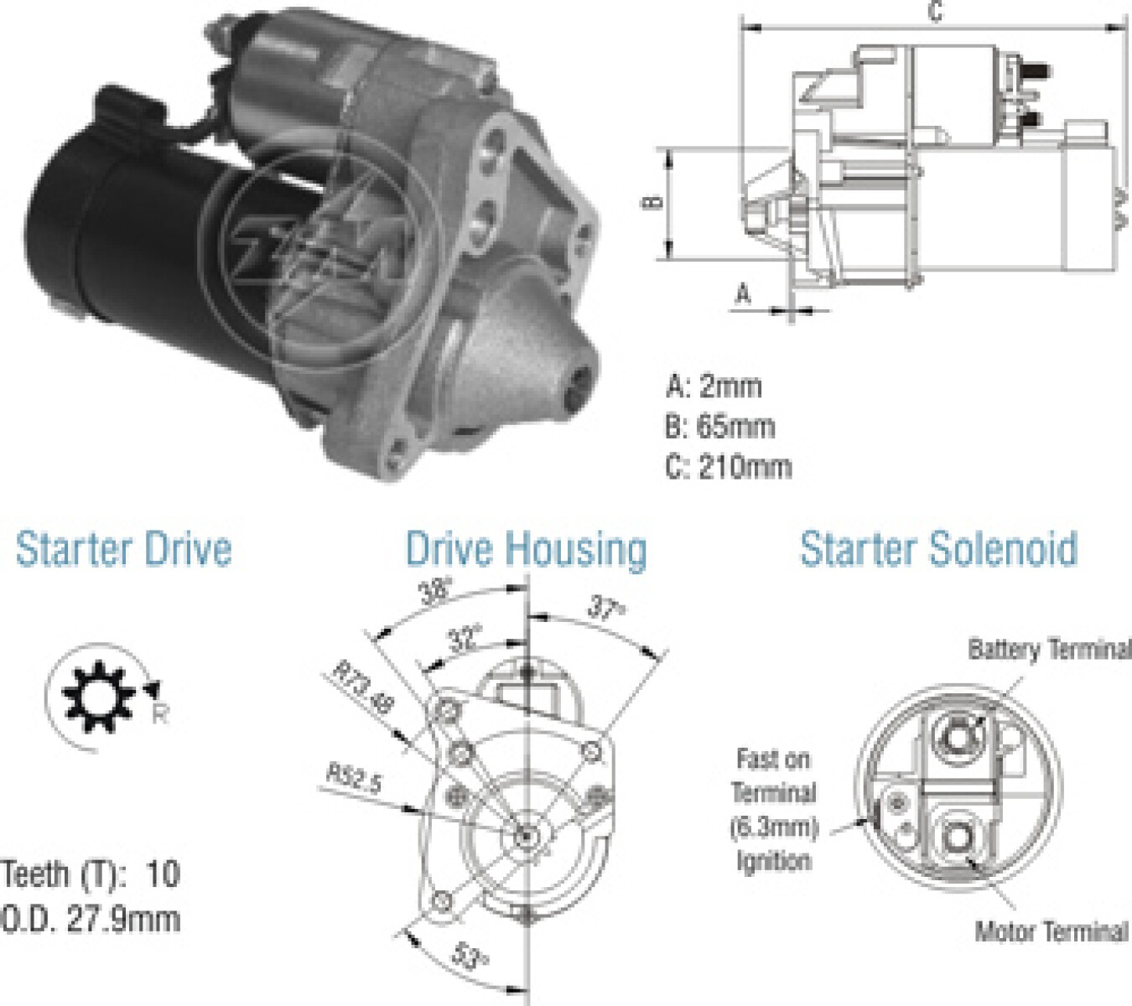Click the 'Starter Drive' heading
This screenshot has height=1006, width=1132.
(x=123, y=549)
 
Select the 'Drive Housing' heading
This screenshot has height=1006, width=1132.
(x=527, y=551)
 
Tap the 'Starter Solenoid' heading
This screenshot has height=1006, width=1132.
(x=938, y=549)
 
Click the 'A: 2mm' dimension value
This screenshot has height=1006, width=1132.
(x=714, y=386)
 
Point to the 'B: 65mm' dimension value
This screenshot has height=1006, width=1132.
(x=720, y=427)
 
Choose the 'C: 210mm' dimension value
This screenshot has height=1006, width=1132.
(x=729, y=467)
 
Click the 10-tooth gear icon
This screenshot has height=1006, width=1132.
(x=98, y=696)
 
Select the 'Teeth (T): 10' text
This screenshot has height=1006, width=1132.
(x=91, y=874)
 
